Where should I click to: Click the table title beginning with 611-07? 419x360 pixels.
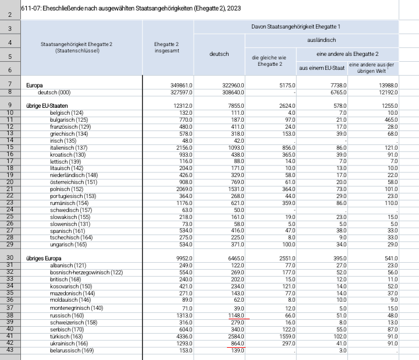(131, 8)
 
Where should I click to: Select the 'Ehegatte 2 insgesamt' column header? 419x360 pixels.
(167, 47)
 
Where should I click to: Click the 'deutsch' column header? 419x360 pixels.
(219, 54)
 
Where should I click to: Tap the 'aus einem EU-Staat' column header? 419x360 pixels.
(322, 68)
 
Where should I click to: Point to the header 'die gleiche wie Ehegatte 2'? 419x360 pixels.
(269, 61)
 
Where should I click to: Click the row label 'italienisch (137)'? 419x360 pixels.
(69, 147)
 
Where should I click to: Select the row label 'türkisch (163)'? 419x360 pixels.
(66, 337)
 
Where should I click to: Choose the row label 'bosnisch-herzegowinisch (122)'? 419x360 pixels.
(86, 272)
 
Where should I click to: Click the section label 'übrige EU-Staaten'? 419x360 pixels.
(47, 106)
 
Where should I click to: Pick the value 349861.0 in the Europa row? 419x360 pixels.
(182, 85)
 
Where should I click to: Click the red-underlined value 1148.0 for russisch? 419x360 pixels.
(236, 316)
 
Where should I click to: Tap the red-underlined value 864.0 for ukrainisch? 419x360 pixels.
(237, 344)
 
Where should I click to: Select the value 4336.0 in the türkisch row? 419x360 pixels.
(184, 337)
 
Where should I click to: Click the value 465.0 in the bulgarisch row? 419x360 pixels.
(391, 120)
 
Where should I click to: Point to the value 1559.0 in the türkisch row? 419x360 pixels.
(287, 337)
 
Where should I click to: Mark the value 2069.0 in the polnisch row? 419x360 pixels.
(184, 189)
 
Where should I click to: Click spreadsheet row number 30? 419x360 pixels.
(10, 257)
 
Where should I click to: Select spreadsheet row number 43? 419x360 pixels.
(10, 350)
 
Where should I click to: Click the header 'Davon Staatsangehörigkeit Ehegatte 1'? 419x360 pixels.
(296, 26)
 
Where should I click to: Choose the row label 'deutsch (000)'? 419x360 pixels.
(54, 93)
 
